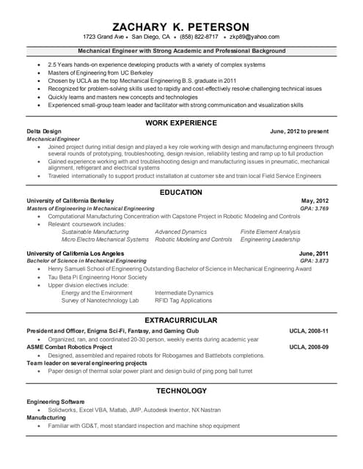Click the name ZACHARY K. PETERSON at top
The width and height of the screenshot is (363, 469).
point(181,26)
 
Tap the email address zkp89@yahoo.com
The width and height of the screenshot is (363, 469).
point(254,37)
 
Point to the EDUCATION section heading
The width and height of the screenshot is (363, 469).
point(181,193)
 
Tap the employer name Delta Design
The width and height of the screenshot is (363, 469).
point(43,131)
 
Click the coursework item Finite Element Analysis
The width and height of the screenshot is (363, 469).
point(270,232)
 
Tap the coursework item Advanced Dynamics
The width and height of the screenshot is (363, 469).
point(180,232)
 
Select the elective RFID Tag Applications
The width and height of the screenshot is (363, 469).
point(183,300)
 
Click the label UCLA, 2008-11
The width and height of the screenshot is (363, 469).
point(309,331)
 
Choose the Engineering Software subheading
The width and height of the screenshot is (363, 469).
point(56,402)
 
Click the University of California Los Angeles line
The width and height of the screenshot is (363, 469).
point(80,253)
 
